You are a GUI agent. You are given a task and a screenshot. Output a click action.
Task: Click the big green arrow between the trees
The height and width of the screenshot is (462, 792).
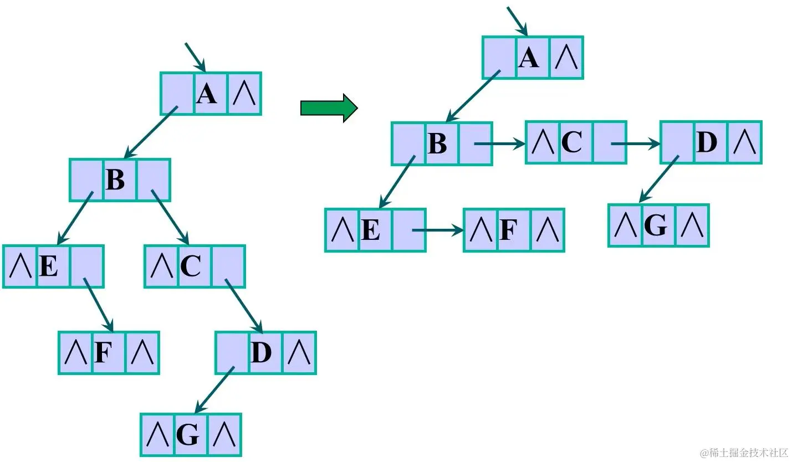(329, 107)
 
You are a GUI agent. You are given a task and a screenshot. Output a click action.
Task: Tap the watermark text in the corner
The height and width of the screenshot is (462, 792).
(743, 453)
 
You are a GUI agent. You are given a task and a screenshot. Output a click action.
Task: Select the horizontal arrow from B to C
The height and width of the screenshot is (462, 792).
(499, 144)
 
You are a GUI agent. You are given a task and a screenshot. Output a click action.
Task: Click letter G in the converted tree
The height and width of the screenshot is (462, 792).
(656, 225)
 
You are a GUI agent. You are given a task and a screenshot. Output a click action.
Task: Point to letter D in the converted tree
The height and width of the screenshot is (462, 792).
(707, 143)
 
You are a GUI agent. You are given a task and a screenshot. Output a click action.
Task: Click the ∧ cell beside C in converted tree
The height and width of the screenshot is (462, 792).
(543, 143)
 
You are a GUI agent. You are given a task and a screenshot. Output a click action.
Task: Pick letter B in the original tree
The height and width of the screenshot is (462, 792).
(115, 180)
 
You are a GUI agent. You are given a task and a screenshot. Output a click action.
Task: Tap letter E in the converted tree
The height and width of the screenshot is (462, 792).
(371, 230)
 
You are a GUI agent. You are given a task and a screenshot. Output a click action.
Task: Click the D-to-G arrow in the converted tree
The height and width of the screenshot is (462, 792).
(659, 179)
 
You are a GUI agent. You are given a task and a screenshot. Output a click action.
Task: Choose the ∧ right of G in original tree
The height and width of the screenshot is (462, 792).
(225, 435)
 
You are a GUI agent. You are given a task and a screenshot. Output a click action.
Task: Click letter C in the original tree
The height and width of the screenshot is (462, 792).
(191, 267)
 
